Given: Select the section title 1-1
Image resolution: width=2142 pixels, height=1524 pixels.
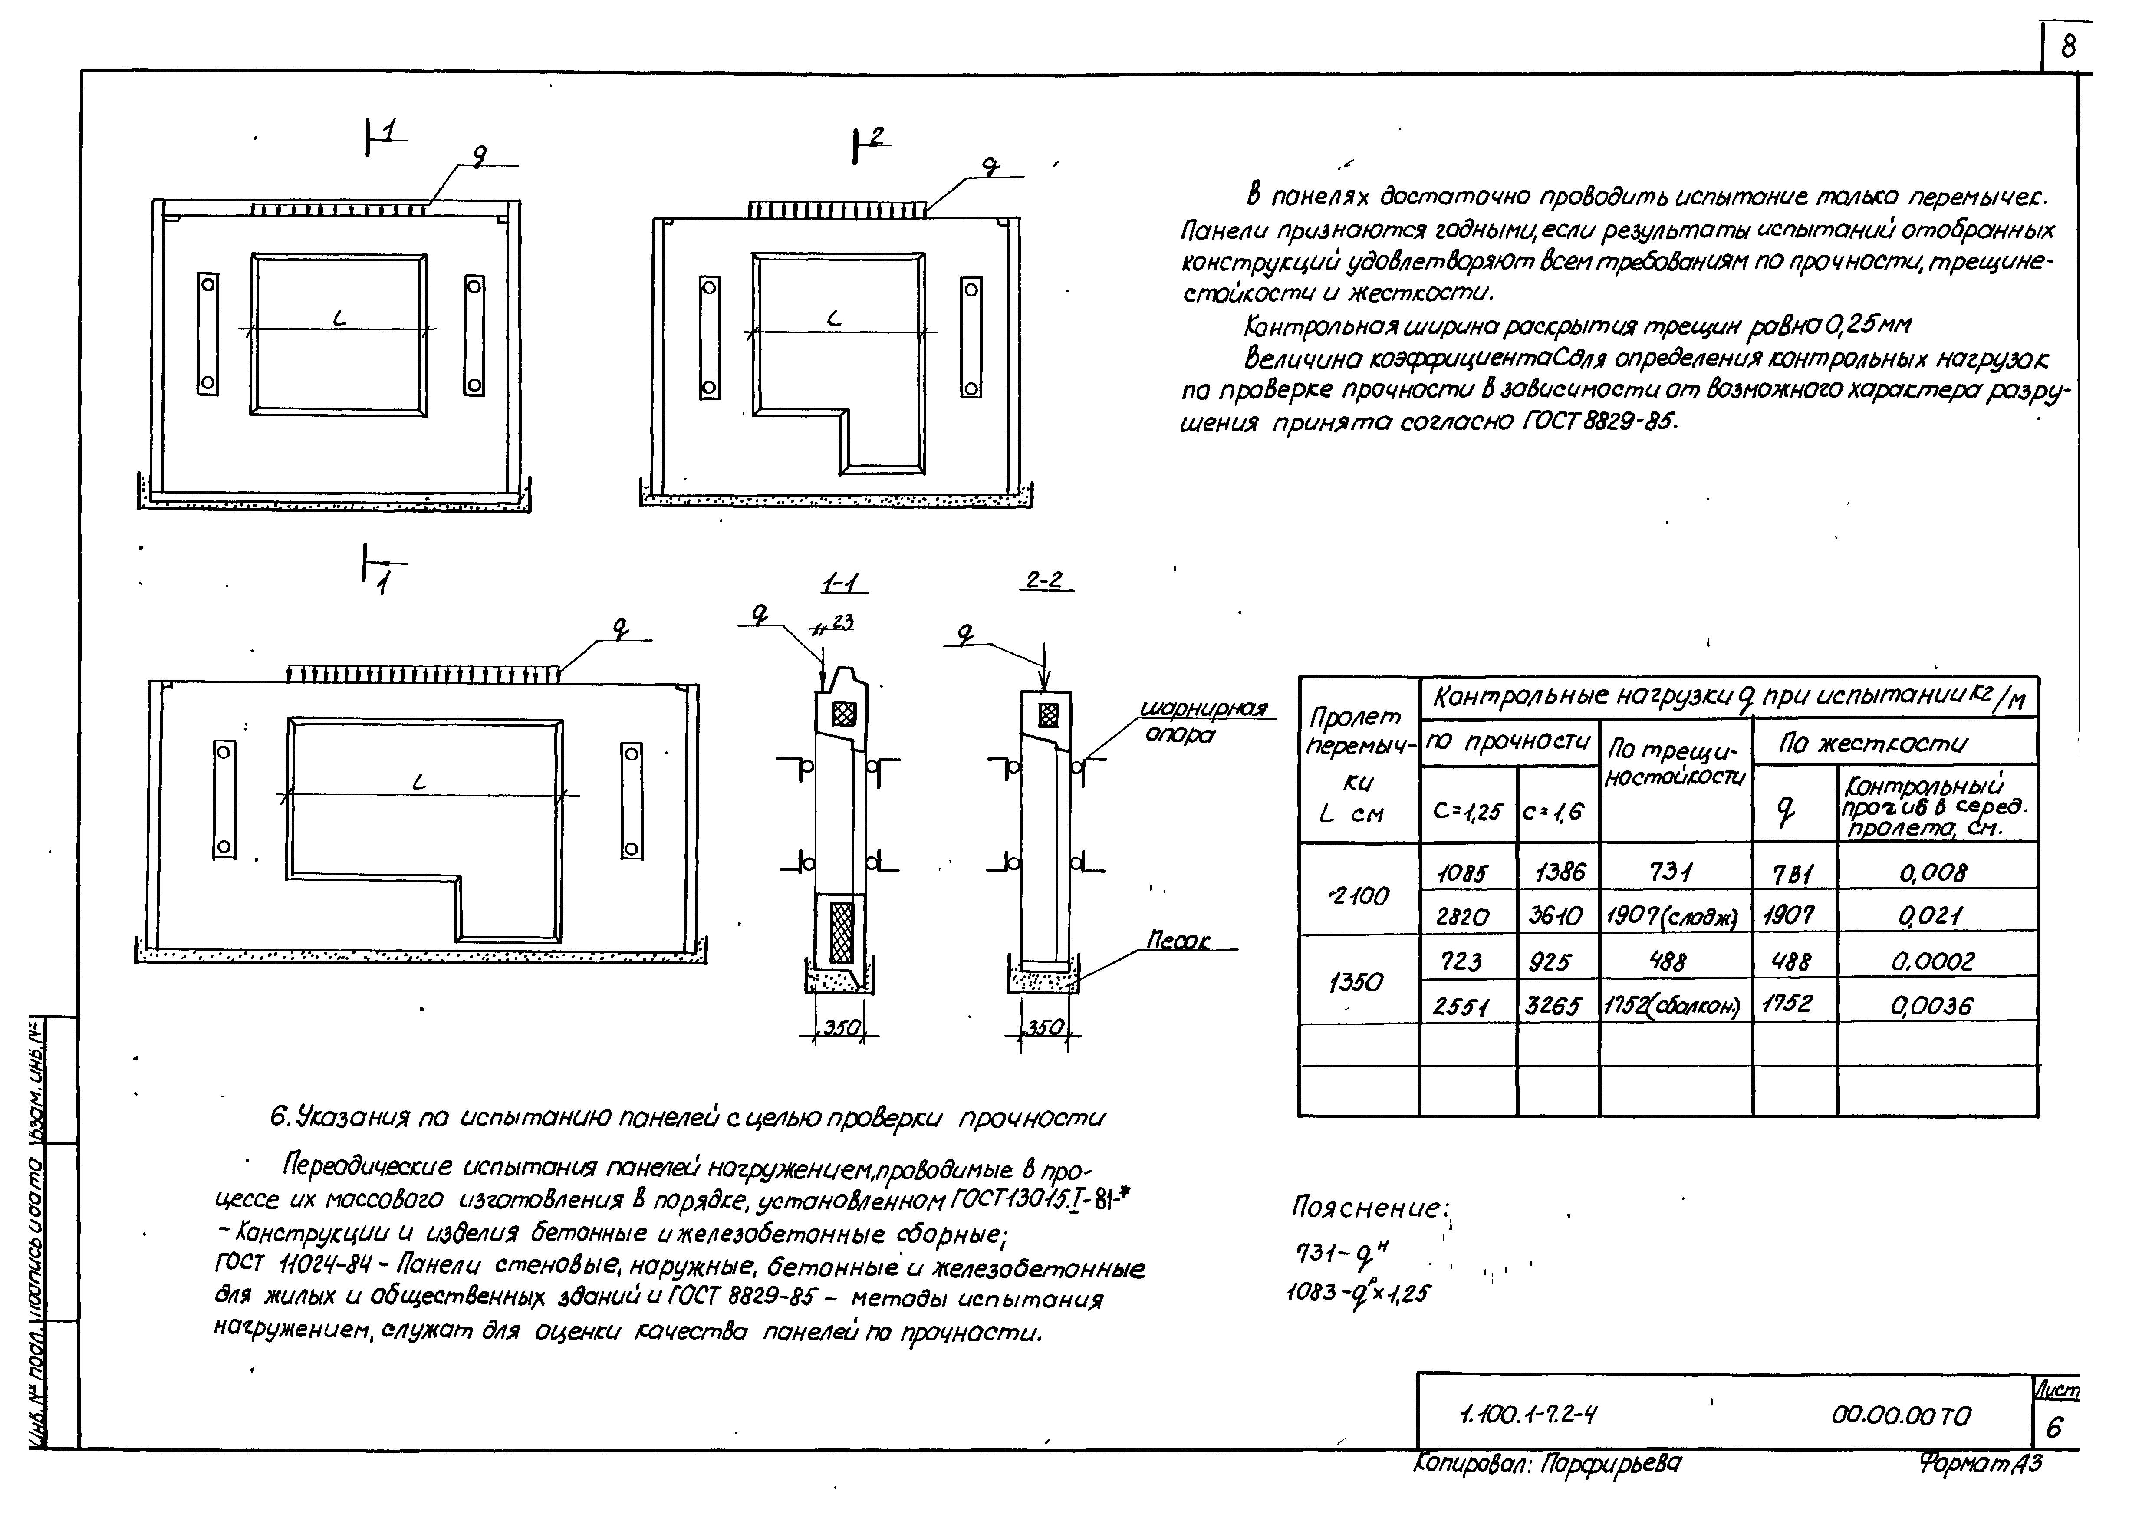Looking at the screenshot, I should [x=842, y=584].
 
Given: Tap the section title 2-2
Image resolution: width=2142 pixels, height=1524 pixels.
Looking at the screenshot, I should [x=1044, y=581].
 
